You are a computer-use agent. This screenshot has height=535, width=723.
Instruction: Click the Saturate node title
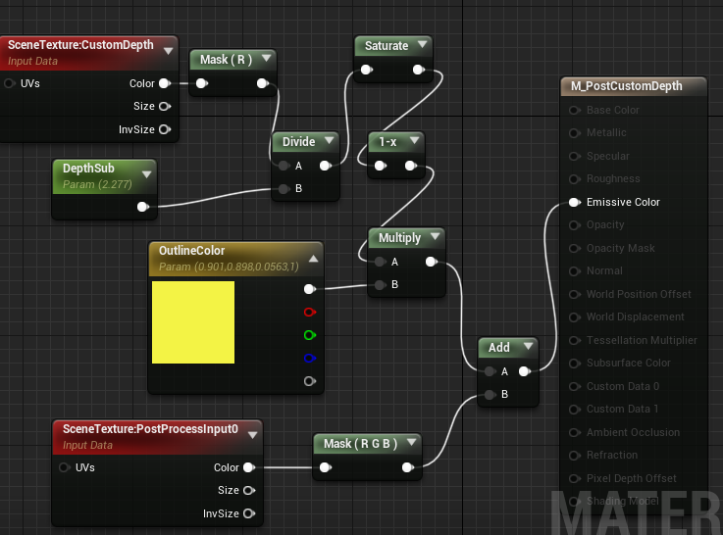[386, 45]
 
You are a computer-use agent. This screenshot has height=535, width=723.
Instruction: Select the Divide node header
[298, 142]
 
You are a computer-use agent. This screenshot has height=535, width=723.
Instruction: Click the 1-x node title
[387, 142]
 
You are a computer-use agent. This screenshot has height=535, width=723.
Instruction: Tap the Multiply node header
[399, 238]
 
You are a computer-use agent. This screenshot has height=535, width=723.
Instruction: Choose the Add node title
[498, 347]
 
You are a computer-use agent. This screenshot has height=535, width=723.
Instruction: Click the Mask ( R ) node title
[226, 60]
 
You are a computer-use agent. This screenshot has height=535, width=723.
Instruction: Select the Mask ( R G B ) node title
[359, 444]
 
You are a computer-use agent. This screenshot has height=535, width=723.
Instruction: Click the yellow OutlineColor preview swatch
[193, 322]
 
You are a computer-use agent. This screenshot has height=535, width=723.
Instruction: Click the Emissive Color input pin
[574, 203]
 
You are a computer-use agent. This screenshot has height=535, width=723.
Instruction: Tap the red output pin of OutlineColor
[310, 313]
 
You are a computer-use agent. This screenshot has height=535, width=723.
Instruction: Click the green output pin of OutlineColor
[310, 335]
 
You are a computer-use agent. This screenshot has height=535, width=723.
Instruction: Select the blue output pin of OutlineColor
[310, 358]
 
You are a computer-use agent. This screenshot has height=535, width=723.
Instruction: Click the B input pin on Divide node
[284, 189]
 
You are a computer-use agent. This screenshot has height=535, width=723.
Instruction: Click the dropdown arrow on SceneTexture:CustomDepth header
[168, 49]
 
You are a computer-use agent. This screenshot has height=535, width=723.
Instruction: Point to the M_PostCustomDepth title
[626, 86]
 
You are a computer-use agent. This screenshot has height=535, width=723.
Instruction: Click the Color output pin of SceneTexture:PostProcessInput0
[248, 467]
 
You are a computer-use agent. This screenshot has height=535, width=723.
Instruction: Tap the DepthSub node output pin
[143, 207]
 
